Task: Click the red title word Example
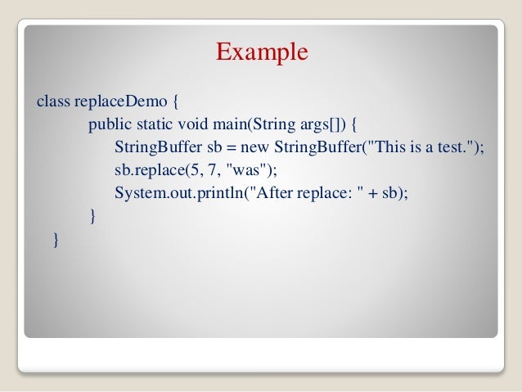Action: coord(262,52)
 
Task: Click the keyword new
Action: coord(257,148)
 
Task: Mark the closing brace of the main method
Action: coord(92,216)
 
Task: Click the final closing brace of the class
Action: coord(55,239)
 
